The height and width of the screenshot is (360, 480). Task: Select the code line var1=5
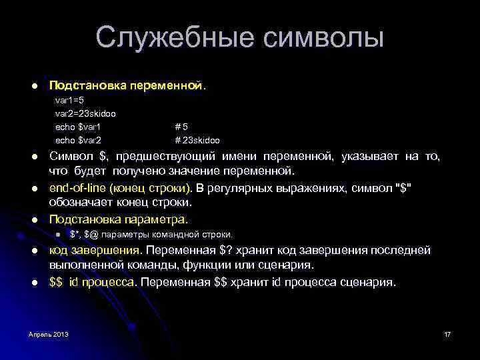point(69,101)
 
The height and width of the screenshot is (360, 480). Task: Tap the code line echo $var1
point(77,127)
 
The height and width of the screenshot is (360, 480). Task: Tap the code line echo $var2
point(77,140)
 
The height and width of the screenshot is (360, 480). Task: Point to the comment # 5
point(181,127)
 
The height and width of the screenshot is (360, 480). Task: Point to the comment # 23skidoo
point(197,140)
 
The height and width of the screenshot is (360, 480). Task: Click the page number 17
point(447,333)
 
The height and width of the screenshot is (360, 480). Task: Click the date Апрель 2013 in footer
point(49,333)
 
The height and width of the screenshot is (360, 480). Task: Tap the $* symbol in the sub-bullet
point(74,234)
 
